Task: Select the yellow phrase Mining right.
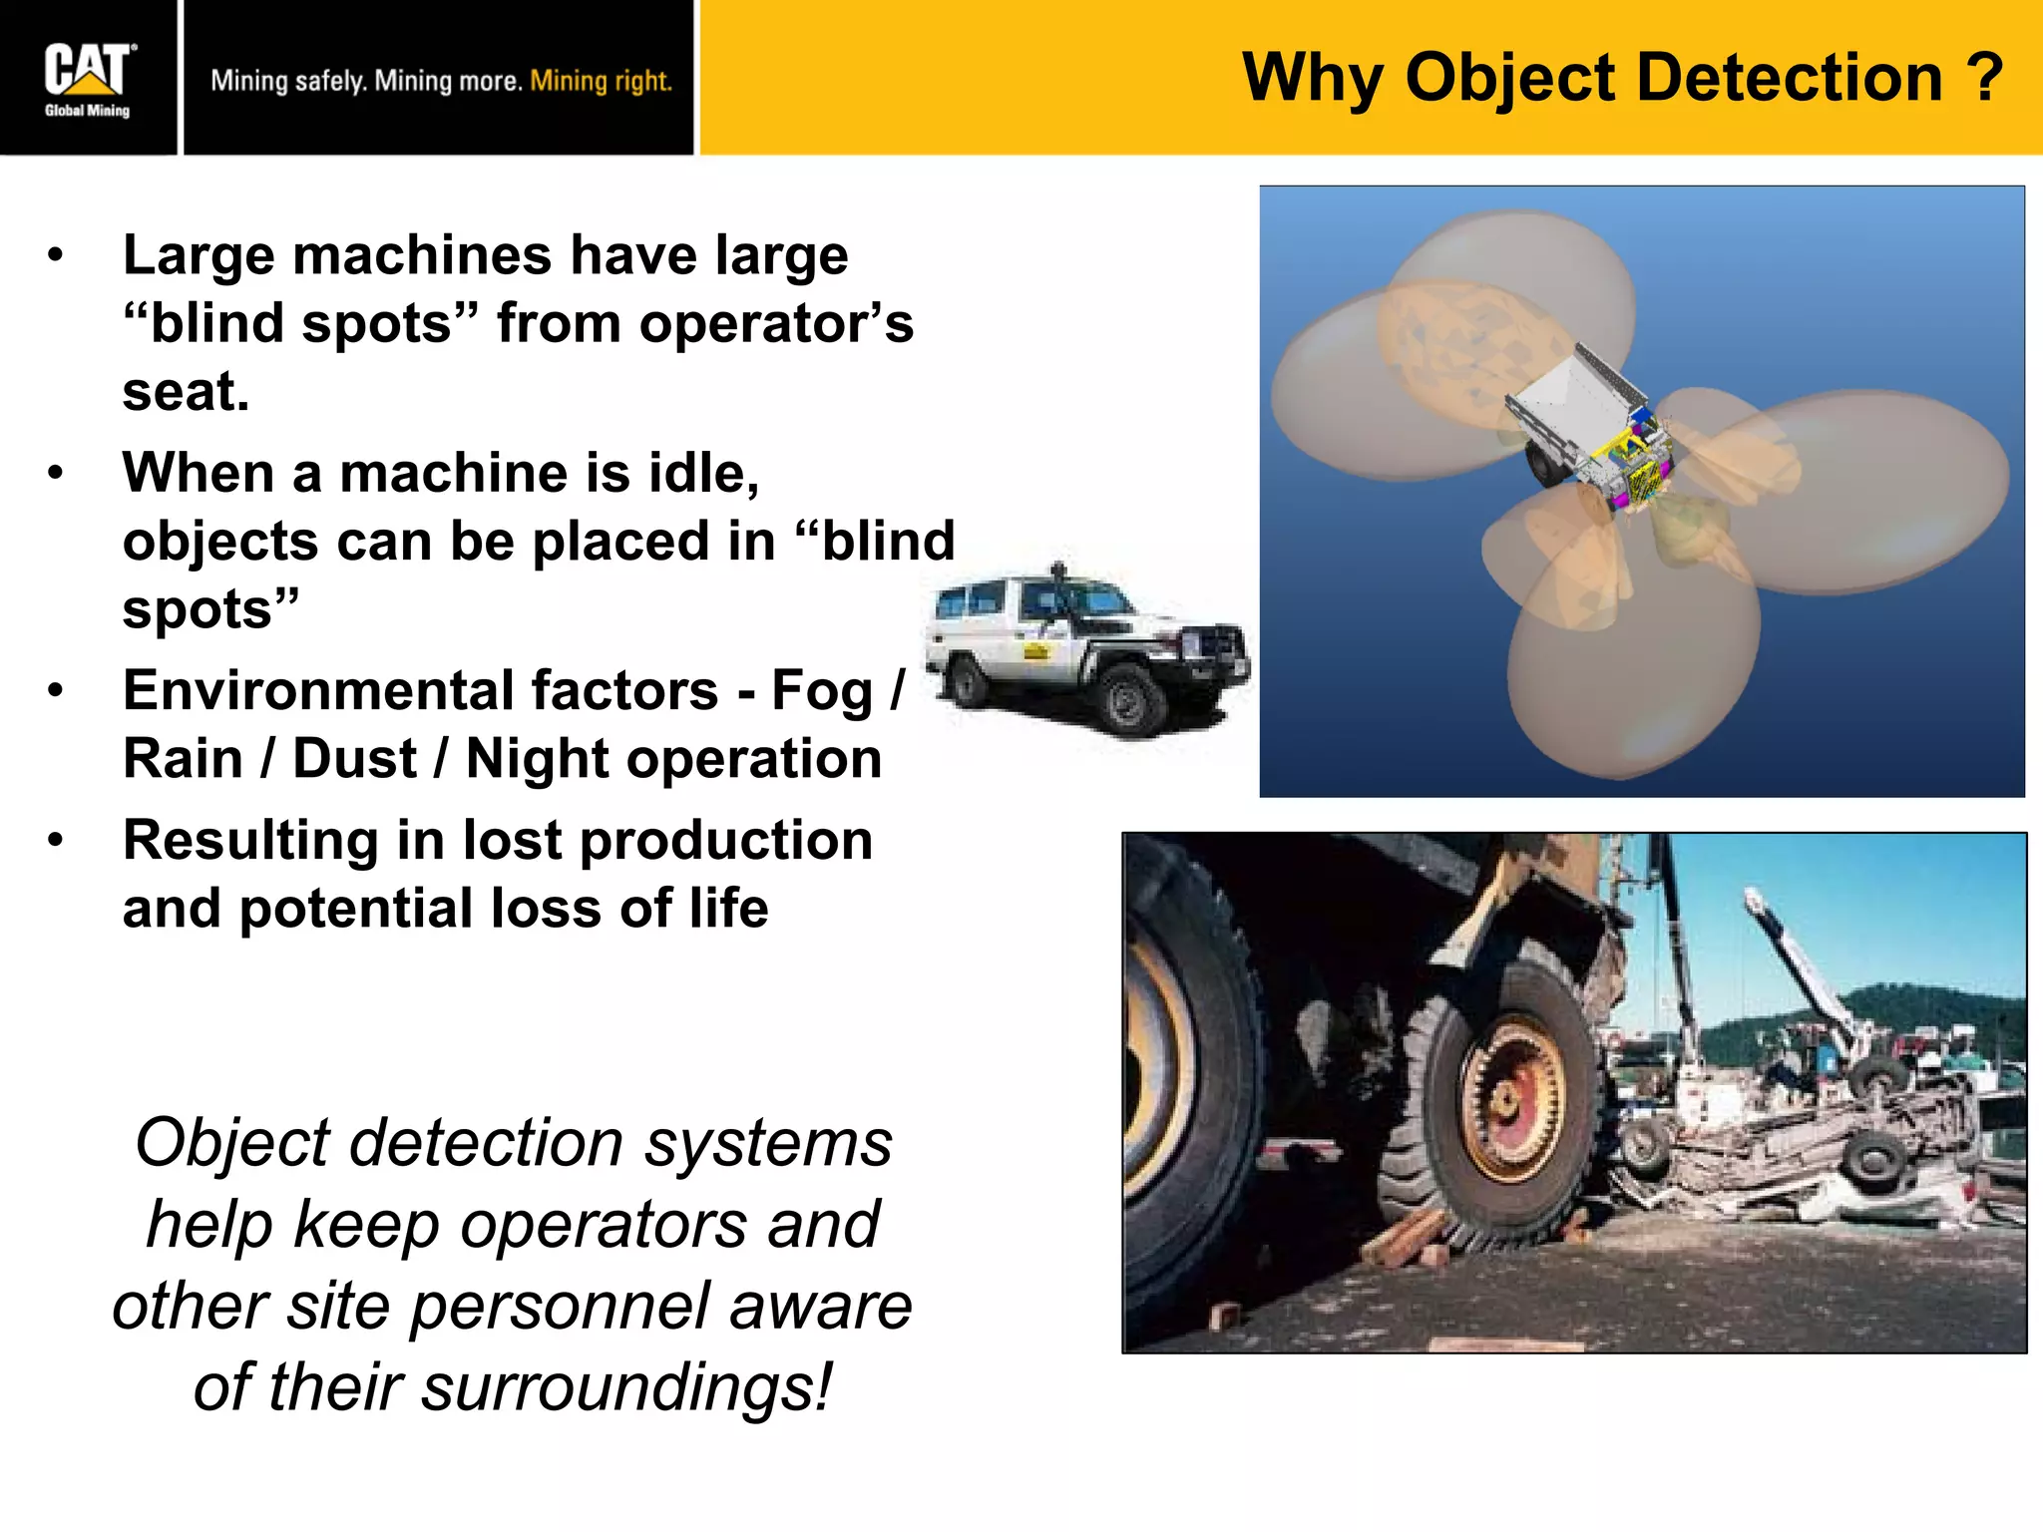click(601, 81)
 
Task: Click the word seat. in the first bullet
click(186, 391)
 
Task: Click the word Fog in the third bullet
click(822, 691)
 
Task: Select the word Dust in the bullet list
click(354, 759)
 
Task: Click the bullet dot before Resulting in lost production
click(56, 840)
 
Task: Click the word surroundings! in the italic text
click(625, 1387)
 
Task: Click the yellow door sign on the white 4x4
click(1037, 651)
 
